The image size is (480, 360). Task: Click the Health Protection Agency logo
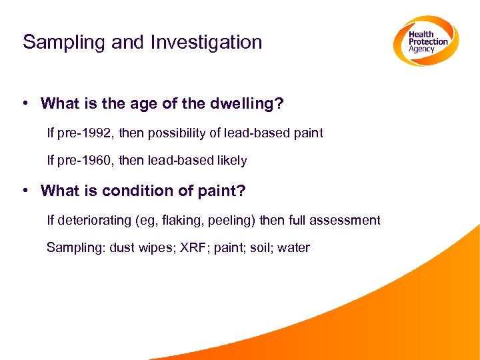(x=425, y=41)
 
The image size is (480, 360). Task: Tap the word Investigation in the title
(x=206, y=42)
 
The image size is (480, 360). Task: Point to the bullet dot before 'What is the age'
(x=24, y=103)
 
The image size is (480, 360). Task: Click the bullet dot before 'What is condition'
(x=24, y=191)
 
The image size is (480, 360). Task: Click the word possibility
(x=178, y=133)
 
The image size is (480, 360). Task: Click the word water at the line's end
(x=293, y=248)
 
